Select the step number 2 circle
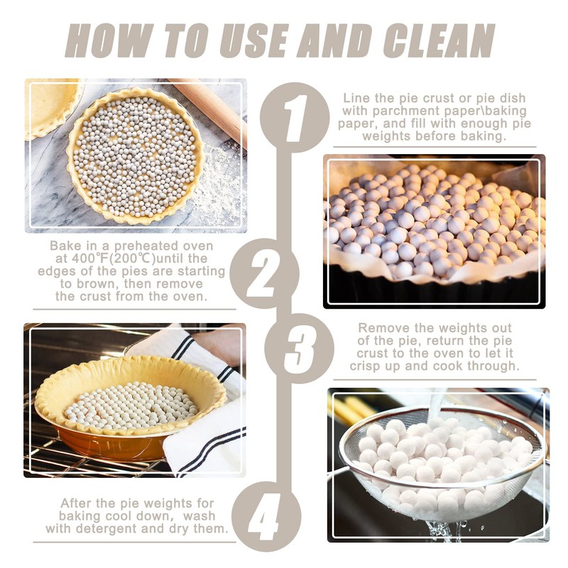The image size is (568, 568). coord(273,272)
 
